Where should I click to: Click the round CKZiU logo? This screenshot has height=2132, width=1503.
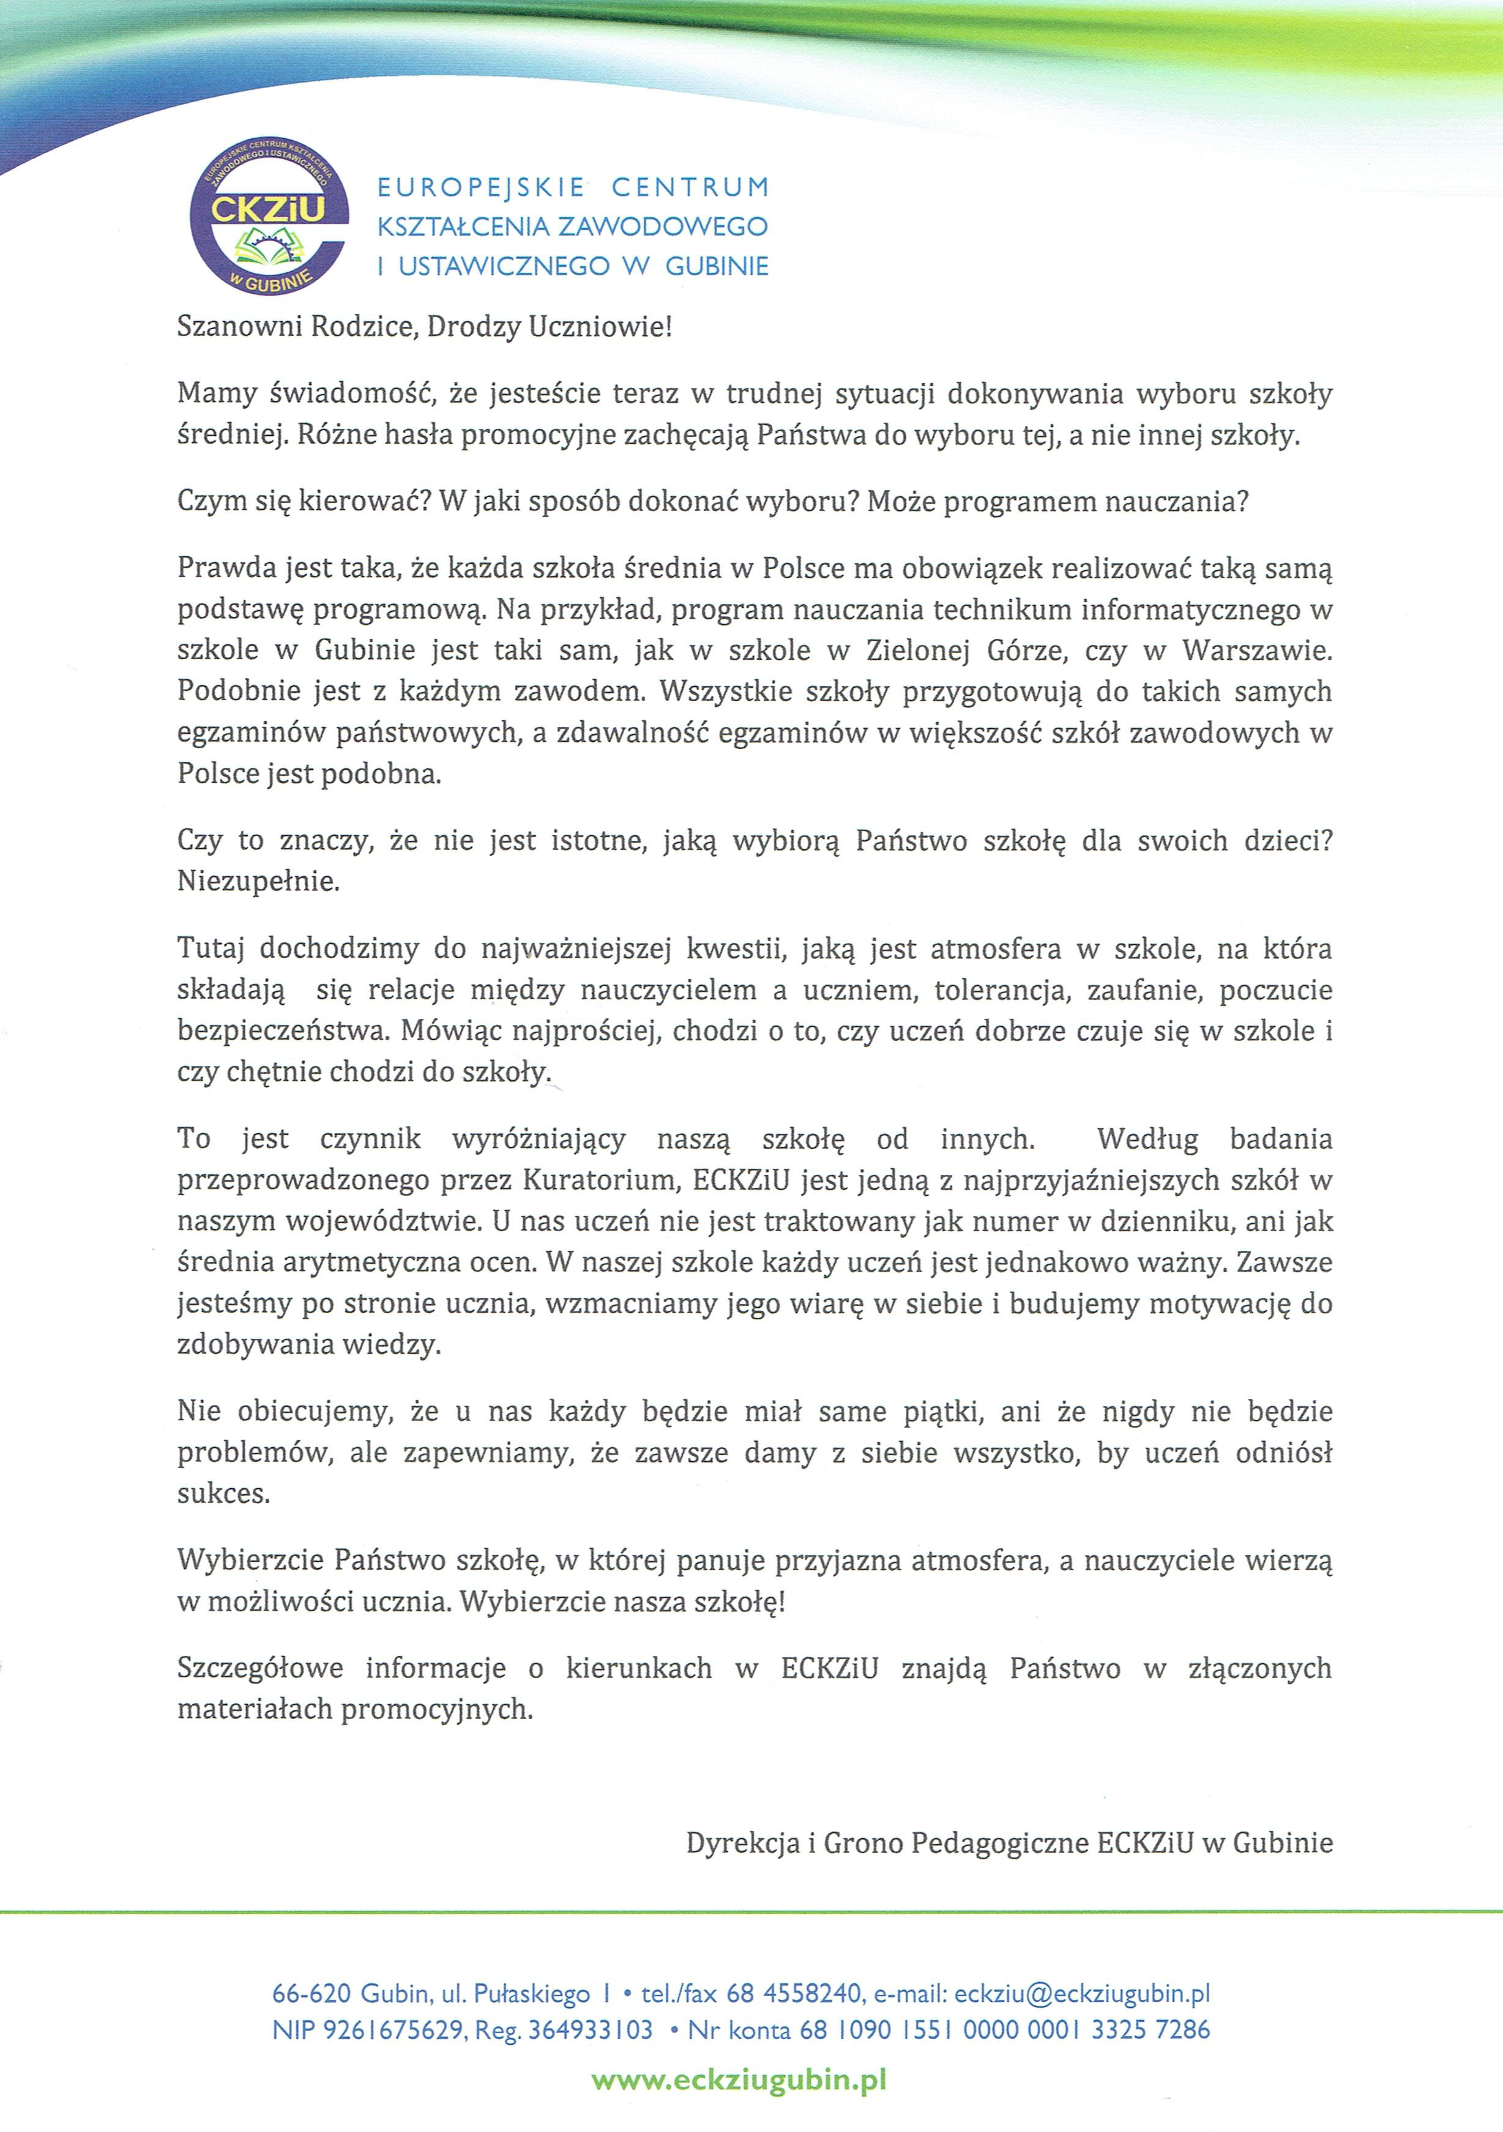tap(267, 222)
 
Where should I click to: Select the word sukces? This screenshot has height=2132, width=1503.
tap(223, 1494)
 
